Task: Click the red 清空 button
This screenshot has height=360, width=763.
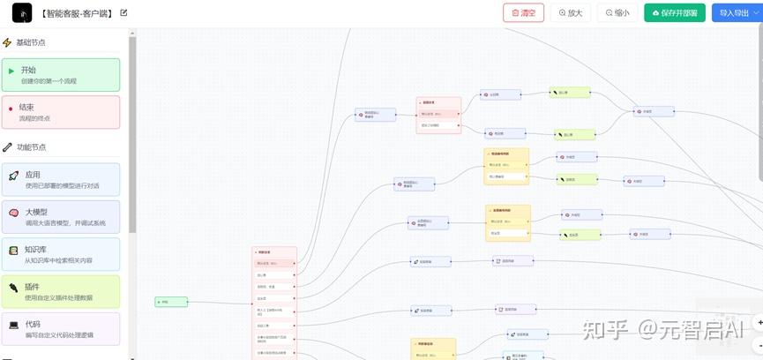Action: click(x=523, y=13)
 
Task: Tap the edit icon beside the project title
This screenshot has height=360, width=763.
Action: click(x=123, y=13)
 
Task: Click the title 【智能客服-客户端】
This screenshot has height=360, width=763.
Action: click(x=77, y=13)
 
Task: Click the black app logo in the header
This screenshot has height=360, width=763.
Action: click(x=21, y=13)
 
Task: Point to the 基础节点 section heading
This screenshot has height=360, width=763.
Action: click(x=31, y=42)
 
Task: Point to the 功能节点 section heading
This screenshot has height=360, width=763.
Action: click(x=31, y=147)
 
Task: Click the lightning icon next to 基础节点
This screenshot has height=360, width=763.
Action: click(x=7, y=42)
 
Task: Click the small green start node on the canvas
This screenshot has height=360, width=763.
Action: click(x=171, y=302)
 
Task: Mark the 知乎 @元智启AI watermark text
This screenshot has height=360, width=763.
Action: click(x=661, y=329)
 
